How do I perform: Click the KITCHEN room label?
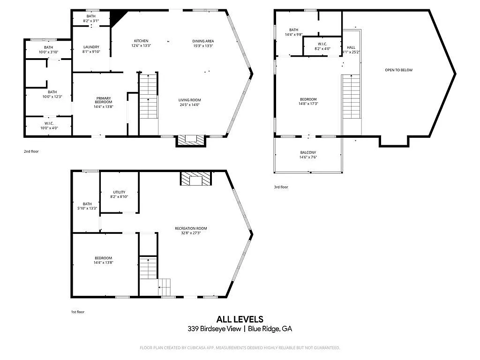141,41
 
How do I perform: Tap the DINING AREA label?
203,41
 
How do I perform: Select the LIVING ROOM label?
189,100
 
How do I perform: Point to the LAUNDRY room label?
91,47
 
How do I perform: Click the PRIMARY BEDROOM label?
104,100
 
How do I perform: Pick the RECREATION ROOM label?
191,228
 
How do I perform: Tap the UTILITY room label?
119,192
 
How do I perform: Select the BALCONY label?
308,152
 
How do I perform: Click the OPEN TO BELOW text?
398,70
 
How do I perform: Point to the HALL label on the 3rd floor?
351,47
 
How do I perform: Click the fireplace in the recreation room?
196,179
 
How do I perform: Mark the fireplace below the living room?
191,140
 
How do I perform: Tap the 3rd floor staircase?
351,97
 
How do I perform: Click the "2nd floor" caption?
31,151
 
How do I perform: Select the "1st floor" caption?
78,312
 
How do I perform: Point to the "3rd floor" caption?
281,187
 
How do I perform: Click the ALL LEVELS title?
240,319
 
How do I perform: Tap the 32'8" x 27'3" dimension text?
191,232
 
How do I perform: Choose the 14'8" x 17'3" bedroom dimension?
308,104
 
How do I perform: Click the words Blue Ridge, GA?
270,329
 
